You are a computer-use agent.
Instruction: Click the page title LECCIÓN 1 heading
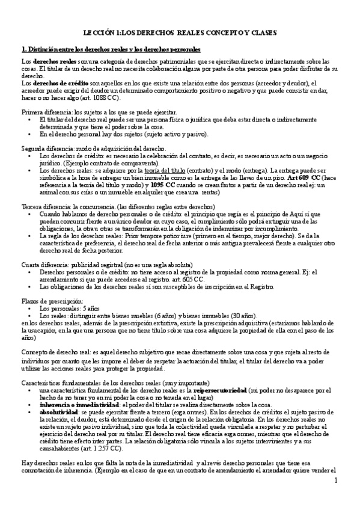tap(180, 35)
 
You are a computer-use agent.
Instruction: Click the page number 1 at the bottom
tap(337, 480)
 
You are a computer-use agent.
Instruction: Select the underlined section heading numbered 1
tap(111, 49)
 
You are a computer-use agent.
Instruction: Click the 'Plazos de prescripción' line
tap(52, 300)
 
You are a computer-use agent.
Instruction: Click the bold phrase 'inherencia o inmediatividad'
tap(76, 405)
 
